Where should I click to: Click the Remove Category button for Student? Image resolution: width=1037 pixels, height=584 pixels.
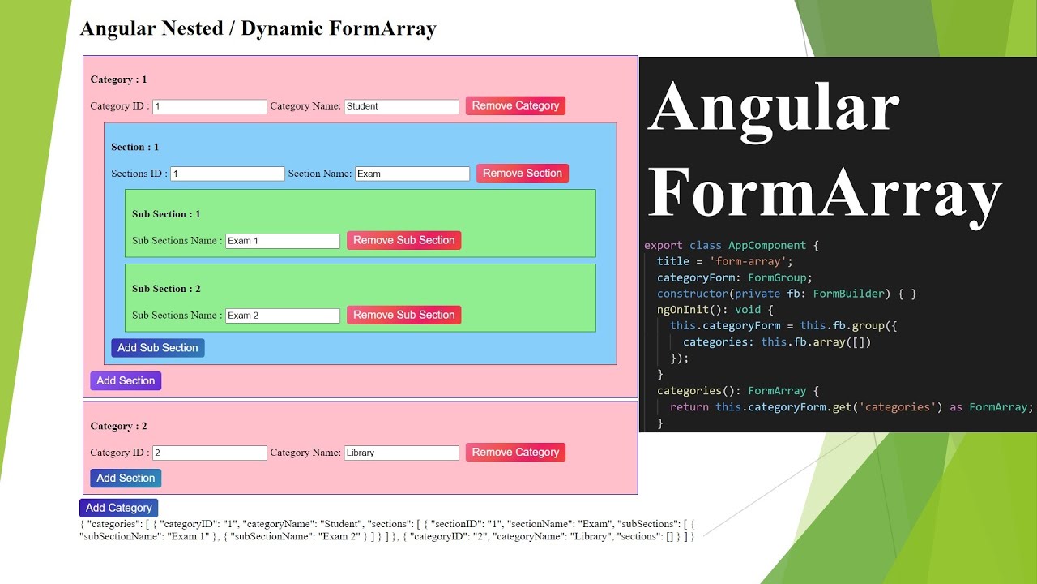515,105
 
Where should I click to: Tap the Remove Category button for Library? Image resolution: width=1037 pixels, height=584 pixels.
515,453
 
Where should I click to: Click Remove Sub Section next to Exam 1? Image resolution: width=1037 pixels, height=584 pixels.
403,241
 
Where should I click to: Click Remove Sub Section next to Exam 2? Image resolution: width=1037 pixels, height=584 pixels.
403,316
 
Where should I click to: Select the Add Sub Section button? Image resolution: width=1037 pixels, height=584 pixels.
157,348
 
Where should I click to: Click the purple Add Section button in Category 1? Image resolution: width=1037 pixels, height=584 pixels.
126,381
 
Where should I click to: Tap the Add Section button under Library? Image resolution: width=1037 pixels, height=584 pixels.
126,479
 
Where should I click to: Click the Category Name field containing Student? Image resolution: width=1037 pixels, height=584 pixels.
401,106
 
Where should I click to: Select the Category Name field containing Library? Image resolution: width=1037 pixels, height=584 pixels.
401,453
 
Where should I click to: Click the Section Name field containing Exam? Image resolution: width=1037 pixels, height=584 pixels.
412,174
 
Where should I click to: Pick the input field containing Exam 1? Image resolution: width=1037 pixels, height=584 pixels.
282,241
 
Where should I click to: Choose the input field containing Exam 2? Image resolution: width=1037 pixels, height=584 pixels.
282,316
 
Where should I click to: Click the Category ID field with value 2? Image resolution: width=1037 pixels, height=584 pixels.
209,453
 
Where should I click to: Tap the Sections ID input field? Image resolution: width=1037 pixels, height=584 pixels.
227,174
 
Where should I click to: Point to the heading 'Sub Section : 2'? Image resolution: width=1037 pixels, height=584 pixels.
166,289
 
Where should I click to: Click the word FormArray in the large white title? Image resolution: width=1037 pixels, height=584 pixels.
825,193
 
